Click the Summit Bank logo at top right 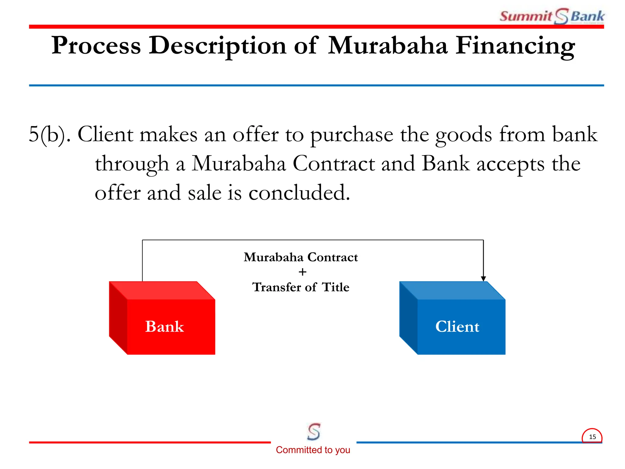552,16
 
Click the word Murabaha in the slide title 388,46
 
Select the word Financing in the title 515,46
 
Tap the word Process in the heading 96,46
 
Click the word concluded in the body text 299,193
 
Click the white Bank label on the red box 164,326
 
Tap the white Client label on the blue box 457,326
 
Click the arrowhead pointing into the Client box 483,278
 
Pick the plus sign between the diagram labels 302,272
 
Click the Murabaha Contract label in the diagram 301,257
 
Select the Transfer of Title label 301,287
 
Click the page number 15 592,437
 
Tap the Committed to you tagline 313,450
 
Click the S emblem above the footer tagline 314,431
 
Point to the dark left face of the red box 118,318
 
